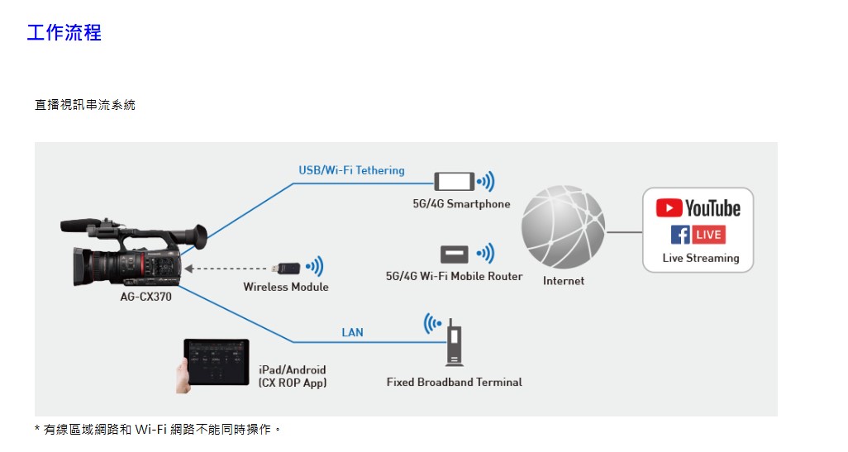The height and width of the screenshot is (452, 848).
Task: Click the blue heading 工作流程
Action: [x=64, y=33]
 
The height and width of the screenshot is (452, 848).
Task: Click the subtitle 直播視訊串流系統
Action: [x=85, y=105]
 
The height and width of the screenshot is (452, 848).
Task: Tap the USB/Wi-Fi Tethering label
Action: [x=351, y=170]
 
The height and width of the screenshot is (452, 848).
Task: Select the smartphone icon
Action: [x=455, y=181]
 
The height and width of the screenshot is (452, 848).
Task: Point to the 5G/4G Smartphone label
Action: [x=462, y=203]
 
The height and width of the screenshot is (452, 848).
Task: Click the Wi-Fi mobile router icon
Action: [x=454, y=255]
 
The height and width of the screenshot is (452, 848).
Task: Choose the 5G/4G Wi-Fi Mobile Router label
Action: [x=454, y=276]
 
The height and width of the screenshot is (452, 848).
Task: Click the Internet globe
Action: [x=563, y=227]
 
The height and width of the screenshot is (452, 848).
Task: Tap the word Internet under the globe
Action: [x=564, y=281]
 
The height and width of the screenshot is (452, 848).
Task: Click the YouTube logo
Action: [x=698, y=208]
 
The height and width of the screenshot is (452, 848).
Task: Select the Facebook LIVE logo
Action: [x=698, y=235]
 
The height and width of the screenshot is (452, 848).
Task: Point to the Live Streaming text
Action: [x=701, y=258]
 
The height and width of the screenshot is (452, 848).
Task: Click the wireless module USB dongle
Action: [x=288, y=268]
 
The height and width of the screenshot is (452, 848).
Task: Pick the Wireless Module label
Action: [x=286, y=287]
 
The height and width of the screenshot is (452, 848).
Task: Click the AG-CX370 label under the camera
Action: [x=145, y=297]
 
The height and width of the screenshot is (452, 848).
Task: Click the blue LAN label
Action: [x=352, y=332]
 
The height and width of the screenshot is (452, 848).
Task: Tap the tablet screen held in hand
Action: [x=217, y=360]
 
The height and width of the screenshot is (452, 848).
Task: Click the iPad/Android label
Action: [x=292, y=369]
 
